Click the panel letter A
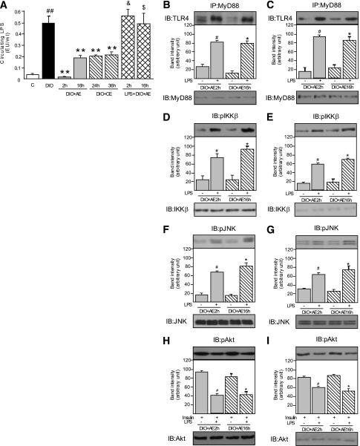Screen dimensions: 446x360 (6, 6)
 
